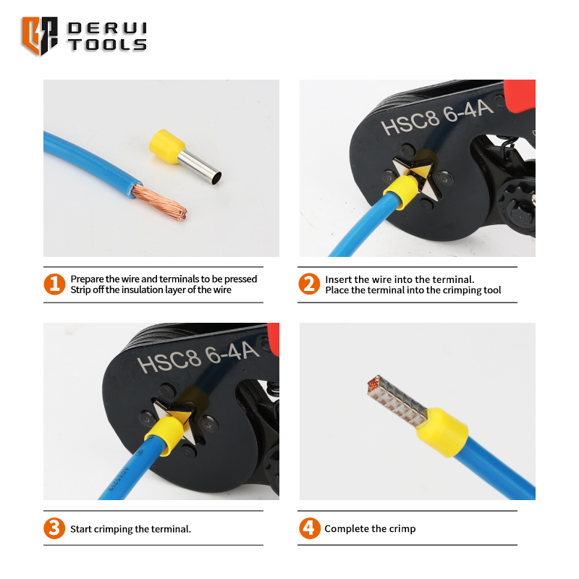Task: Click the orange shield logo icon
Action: click(40, 35)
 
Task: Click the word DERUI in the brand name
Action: click(107, 28)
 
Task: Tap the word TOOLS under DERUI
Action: click(107, 45)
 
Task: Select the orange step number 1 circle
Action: click(54, 284)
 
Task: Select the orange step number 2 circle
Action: click(309, 284)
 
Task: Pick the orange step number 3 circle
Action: click(54, 528)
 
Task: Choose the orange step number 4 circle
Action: click(310, 528)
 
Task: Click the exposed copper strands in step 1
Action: click(159, 202)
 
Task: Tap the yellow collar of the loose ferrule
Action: click(166, 147)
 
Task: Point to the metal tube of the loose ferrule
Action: click(200, 167)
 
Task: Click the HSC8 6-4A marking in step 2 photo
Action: click(436, 117)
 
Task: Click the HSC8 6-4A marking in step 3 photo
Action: click(198, 357)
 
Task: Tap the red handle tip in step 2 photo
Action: click(520, 95)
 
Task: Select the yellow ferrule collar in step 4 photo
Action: click(442, 432)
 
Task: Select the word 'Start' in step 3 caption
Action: click(81, 529)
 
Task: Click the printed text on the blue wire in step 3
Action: click(117, 479)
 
